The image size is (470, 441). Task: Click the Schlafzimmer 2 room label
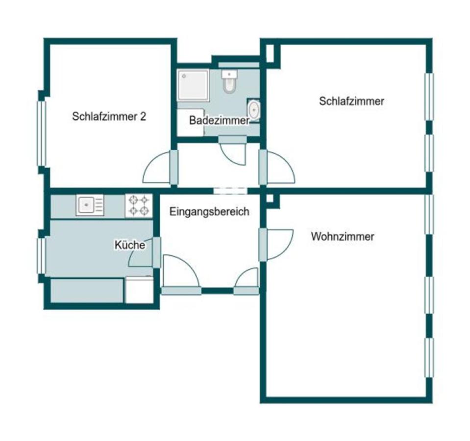point(109,117)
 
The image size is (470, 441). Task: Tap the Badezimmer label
point(219,121)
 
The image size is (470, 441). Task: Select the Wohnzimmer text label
point(343,237)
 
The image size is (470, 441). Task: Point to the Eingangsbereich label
point(209,212)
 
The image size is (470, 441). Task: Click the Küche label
point(130,245)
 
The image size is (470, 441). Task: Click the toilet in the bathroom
point(229,81)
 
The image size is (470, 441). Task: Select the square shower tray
point(193,85)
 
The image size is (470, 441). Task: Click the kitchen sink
point(90,205)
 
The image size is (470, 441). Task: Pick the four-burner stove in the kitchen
point(139,205)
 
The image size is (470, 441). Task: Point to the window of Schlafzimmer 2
point(41,134)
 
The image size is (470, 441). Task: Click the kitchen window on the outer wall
point(41,256)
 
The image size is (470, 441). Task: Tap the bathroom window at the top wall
point(239,65)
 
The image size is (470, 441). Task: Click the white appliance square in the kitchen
point(139,290)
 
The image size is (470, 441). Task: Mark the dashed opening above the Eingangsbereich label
point(230,191)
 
